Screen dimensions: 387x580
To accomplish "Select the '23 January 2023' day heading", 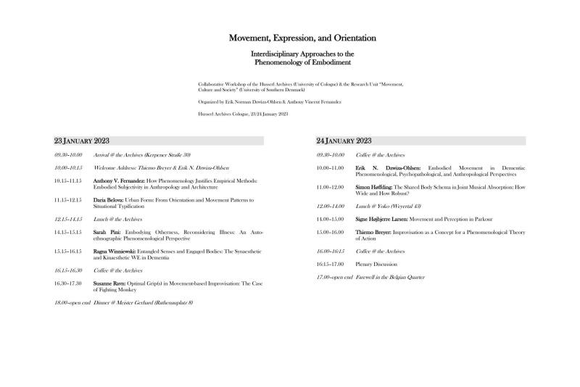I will click(82, 141).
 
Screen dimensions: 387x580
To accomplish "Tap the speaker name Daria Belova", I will click(109, 199).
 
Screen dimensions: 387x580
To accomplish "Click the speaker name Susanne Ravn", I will click(110, 283).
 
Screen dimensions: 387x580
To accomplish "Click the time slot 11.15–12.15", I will click(68, 199).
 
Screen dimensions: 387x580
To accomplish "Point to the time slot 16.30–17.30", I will click(68, 283).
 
